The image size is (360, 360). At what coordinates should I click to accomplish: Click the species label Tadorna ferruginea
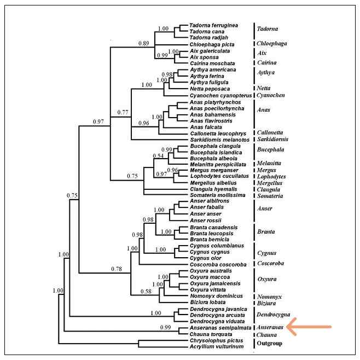(213, 25)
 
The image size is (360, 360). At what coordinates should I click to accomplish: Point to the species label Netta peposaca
(207, 88)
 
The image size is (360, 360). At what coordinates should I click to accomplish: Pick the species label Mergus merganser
(211, 170)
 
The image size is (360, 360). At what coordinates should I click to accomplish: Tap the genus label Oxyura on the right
(268, 279)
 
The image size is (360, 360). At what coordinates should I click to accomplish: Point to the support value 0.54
(158, 156)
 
